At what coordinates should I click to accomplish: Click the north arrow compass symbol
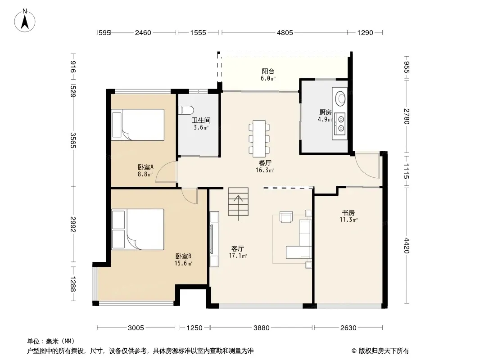pos(25,21)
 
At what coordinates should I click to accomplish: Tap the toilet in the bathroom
pos(186,110)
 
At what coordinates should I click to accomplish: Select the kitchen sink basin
pos(340,98)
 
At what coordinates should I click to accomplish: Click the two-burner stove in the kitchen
pos(340,124)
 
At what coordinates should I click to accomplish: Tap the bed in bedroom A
pos(138,125)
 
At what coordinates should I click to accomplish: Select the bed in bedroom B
pos(138,229)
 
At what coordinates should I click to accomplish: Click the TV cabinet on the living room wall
pos(214,239)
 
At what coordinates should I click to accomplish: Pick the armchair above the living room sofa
pos(286,216)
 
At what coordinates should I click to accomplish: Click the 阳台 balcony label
pos(268,71)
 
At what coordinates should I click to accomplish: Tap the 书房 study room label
pos(349,212)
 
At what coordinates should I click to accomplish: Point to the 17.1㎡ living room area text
pos(238,256)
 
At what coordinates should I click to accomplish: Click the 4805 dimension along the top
pos(285,32)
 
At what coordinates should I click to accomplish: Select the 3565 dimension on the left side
pos(73,140)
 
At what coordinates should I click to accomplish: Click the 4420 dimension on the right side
pos(406,245)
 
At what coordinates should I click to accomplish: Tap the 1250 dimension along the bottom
pos(195,328)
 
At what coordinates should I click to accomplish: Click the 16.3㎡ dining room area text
pos(265,171)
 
